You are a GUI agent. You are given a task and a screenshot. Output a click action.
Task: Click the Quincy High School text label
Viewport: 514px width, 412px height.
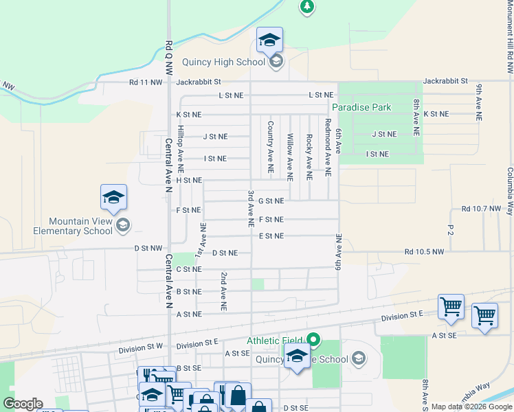223,62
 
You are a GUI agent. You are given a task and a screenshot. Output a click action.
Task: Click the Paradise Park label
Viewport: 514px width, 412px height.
361,107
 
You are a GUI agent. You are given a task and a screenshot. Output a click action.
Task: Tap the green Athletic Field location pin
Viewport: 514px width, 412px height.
314,339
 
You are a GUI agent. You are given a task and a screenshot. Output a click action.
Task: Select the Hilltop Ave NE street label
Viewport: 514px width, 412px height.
181,148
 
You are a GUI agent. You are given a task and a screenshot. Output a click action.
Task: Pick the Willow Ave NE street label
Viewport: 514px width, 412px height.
290,157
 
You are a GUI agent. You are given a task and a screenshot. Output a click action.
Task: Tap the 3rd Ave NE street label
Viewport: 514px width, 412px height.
252,209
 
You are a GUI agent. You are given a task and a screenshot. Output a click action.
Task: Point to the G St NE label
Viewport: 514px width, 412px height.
271,201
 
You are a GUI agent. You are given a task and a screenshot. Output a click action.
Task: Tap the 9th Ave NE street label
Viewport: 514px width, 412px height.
478,96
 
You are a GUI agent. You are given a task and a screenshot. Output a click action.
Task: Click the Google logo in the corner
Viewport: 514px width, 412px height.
23,404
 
